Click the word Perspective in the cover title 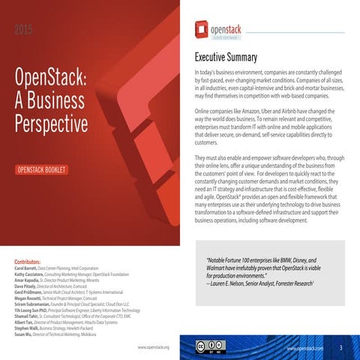(50, 123)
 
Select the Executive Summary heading (226, 58)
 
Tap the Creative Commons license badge (211, 346)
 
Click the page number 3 (340, 348)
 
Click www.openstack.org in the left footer (154, 348)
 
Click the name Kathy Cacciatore (30, 274)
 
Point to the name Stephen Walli (26, 328)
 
